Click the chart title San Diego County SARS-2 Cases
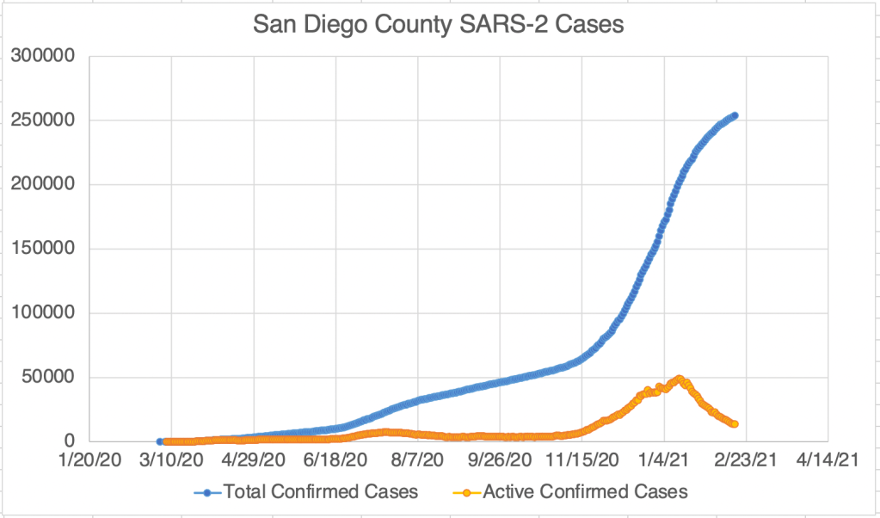point(439,25)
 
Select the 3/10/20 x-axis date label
point(171,462)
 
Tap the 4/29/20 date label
point(254,462)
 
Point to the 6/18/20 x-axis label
point(335,462)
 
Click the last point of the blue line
point(735,115)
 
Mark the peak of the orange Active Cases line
point(679,379)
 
